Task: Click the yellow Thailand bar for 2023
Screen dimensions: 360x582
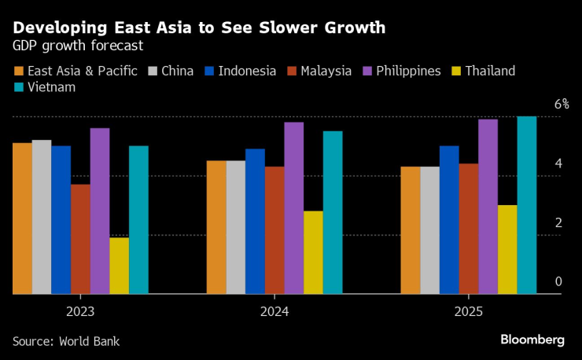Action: point(120,266)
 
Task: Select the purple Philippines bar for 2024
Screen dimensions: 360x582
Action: point(293,208)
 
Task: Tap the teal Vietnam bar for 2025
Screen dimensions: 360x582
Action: point(526,205)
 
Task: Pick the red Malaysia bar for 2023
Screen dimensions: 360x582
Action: point(80,239)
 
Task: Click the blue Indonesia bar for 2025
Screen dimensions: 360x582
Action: point(449,220)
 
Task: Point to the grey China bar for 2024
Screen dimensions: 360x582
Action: point(235,227)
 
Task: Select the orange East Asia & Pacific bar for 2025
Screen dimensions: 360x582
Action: point(411,230)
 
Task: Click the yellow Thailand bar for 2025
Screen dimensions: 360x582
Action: point(507,250)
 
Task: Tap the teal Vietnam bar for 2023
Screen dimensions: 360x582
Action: point(138,220)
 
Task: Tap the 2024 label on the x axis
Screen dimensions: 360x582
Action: point(274,311)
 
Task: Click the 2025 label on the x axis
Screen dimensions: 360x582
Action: point(469,311)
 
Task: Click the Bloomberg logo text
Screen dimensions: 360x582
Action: point(532,340)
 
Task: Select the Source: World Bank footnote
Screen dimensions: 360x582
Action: point(66,341)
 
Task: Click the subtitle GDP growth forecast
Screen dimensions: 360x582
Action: point(77,46)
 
